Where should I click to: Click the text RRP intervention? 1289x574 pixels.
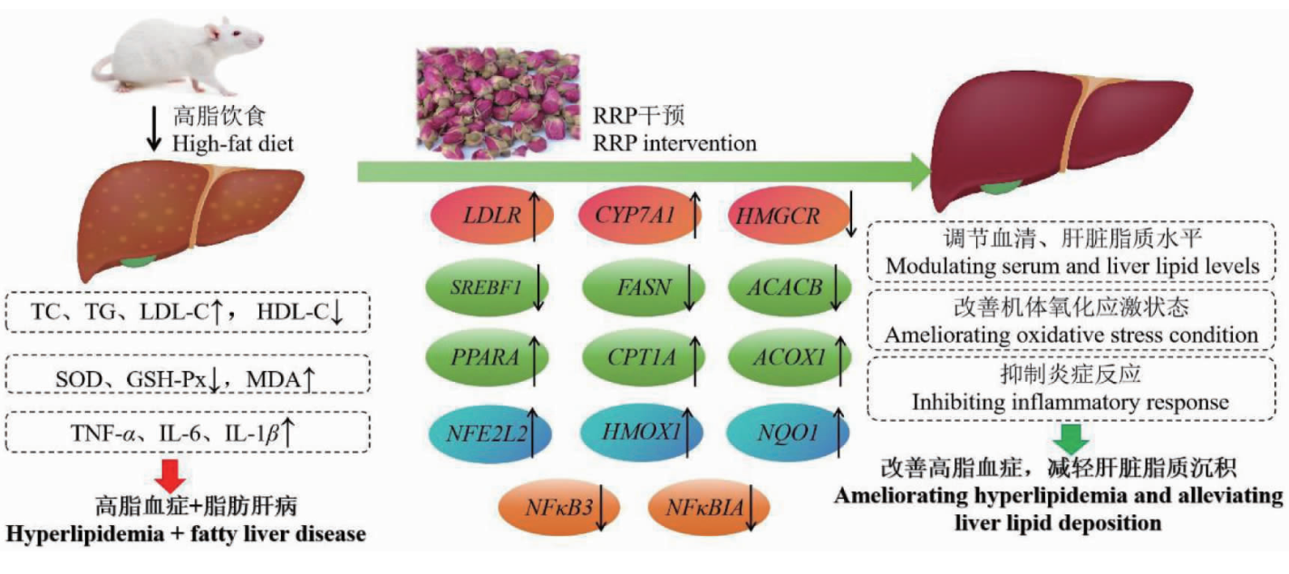click(674, 143)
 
